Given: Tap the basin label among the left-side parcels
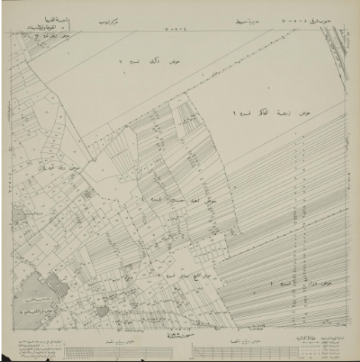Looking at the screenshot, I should pyautogui.click(x=84, y=168).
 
